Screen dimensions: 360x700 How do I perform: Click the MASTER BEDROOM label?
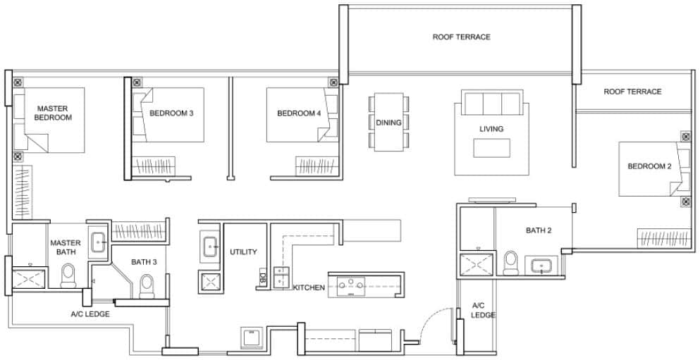pyautogui.click(x=53, y=113)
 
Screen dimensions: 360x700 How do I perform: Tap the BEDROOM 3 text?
pyautogui.click(x=171, y=113)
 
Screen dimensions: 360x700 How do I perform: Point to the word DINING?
pyautogui.click(x=388, y=123)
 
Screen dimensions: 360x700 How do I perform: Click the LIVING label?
pyautogui.click(x=491, y=129)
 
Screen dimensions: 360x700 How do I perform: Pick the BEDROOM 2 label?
pyautogui.click(x=649, y=166)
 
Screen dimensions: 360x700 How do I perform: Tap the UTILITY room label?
pyautogui.click(x=243, y=252)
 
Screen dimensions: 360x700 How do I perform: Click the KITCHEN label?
pyautogui.click(x=309, y=287)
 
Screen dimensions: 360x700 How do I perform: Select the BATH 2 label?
pyautogui.click(x=538, y=230)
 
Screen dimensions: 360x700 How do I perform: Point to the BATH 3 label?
pyautogui.click(x=144, y=262)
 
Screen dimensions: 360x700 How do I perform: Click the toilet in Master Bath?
pyautogui.click(x=68, y=275)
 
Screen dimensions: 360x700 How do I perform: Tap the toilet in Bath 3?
pyautogui.click(x=147, y=285)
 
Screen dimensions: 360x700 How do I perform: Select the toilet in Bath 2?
pyautogui.click(x=511, y=262)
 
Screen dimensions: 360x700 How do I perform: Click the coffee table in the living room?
pyautogui.click(x=491, y=148)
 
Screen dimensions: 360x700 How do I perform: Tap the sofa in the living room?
pyautogui.click(x=491, y=104)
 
